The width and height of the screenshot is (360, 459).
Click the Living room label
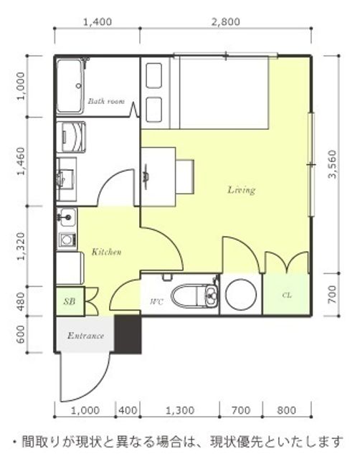click(x=242, y=190)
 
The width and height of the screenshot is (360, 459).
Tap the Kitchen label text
click(x=107, y=252)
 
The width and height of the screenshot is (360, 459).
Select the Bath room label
click(x=106, y=101)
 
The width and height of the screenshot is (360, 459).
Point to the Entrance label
click(x=85, y=335)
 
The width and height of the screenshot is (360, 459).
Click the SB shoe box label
click(x=70, y=301)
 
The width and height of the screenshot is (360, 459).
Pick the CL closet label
click(x=287, y=295)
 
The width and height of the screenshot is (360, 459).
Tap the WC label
click(x=156, y=301)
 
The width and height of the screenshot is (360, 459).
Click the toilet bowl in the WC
click(x=188, y=295)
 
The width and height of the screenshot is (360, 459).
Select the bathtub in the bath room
click(x=70, y=87)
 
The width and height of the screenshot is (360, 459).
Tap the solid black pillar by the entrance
click(x=128, y=334)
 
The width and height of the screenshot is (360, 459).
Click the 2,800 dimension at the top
click(x=226, y=22)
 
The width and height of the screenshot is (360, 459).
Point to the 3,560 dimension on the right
click(x=333, y=164)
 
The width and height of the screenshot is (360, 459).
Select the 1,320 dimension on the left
click(x=21, y=247)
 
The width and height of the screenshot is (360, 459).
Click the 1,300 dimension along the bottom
click(x=180, y=410)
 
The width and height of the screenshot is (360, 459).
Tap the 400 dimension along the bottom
click(x=128, y=410)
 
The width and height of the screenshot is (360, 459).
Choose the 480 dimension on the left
click(x=21, y=301)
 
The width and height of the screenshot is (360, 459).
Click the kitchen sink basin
click(x=67, y=217)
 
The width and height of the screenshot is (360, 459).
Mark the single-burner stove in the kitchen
click(x=67, y=240)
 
